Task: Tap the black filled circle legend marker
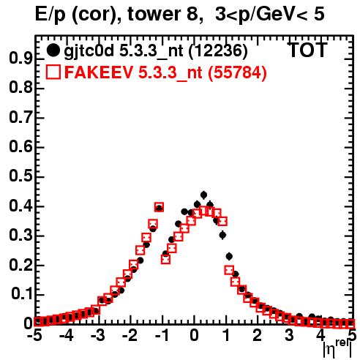[53, 50]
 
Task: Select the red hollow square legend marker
[53, 72]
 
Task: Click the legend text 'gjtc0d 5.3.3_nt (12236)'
[156, 51]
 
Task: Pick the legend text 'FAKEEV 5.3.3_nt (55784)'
[166, 72]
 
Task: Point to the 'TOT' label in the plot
[307, 50]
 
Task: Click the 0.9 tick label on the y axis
[20, 59]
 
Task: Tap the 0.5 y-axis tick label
[20, 177]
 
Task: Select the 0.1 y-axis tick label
[22, 294]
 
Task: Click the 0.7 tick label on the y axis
[20, 118]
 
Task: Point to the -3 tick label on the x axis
[98, 335]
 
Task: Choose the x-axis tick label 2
[258, 335]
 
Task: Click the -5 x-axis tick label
[35, 335]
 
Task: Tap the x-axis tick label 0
[194, 335]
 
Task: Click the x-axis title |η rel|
[338, 349]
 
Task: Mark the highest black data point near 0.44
[203, 195]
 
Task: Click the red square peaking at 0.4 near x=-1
[159, 207]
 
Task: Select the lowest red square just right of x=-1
[165, 259]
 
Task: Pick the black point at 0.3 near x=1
[222, 235]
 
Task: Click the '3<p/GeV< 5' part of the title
[270, 14]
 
